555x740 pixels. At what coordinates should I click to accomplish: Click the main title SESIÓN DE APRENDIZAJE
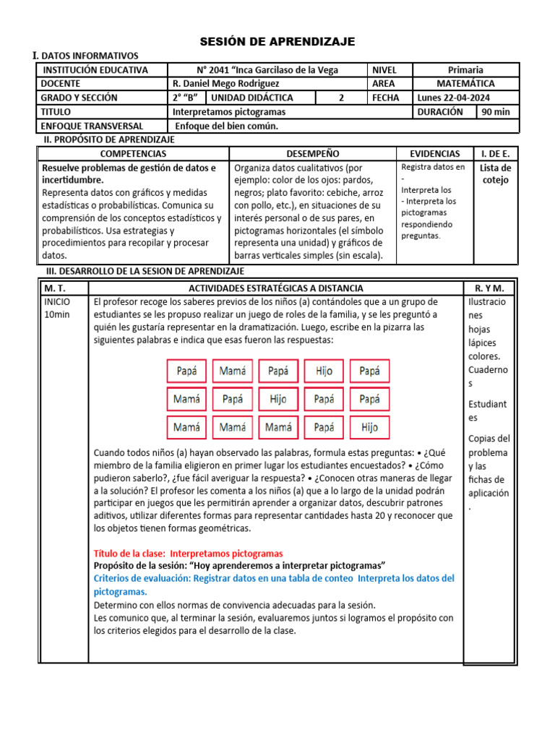click(277, 42)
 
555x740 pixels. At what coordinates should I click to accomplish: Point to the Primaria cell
click(465, 70)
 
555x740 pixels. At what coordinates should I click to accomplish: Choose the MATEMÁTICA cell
click(465, 84)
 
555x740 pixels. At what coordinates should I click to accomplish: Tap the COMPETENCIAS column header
click(133, 154)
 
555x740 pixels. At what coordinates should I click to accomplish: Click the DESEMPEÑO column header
click(312, 154)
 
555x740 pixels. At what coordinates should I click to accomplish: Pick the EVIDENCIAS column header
click(434, 154)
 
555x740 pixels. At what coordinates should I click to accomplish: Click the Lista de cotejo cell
click(495, 174)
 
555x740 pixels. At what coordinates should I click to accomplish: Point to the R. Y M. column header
click(489, 288)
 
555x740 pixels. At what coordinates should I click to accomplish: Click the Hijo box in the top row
click(324, 371)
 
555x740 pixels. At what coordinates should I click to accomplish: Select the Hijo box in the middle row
click(278, 400)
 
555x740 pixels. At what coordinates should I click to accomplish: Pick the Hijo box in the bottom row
click(369, 428)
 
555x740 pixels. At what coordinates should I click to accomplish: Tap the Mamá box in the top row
click(232, 371)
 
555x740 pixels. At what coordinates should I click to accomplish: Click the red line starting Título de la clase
click(189, 553)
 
